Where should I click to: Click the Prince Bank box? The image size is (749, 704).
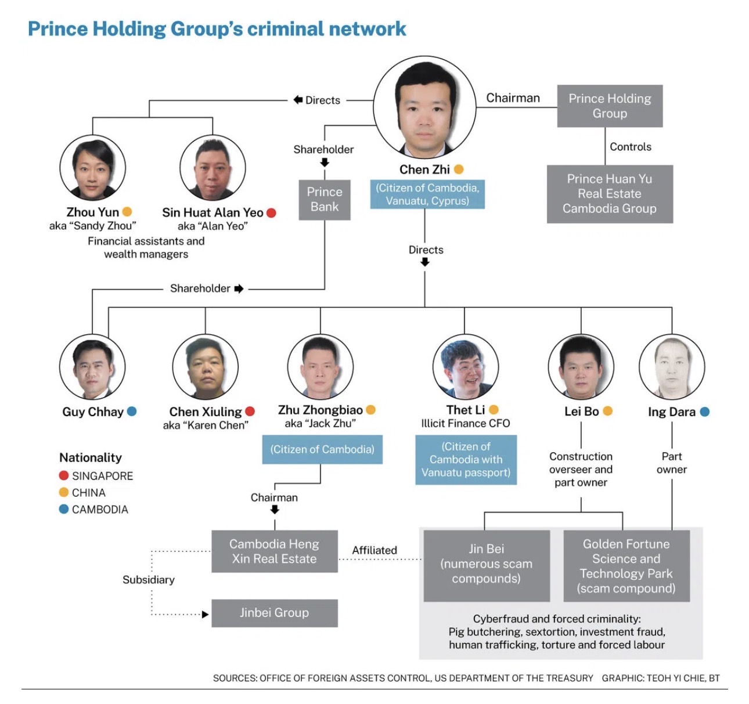(325, 200)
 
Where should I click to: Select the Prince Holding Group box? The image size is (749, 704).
(610, 106)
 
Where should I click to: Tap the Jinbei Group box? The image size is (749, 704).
(274, 613)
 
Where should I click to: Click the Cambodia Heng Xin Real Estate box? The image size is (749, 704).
(274, 551)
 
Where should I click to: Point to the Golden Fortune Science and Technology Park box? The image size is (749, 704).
(626, 566)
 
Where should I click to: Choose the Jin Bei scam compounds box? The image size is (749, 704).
(486, 564)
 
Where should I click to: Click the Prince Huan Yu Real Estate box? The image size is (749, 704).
(610, 194)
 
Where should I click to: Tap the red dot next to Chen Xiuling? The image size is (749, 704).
(250, 411)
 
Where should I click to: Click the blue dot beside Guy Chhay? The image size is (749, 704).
(132, 411)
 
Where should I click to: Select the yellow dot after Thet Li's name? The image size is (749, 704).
(494, 410)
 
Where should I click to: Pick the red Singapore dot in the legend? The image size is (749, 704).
(64, 475)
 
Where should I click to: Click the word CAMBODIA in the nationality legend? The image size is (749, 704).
(100, 510)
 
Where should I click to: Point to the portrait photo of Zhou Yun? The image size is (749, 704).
(93, 168)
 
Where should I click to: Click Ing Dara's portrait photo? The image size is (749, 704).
(672, 367)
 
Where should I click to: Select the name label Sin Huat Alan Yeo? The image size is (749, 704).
(213, 212)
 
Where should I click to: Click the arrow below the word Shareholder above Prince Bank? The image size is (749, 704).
(325, 163)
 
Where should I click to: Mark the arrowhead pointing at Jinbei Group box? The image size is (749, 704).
(205, 614)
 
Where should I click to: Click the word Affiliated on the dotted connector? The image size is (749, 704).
(375, 550)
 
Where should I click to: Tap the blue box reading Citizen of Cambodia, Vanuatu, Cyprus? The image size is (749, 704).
(427, 194)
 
